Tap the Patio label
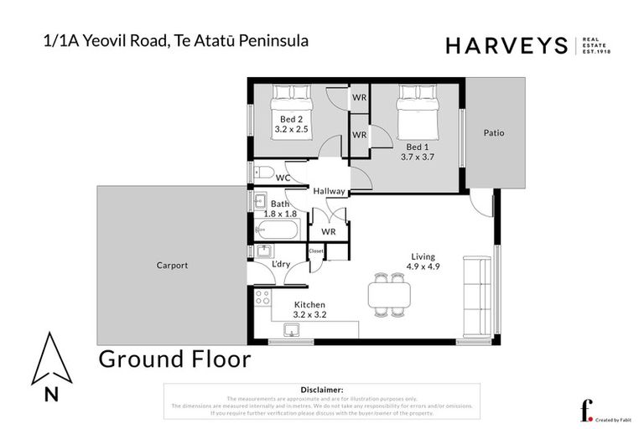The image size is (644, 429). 494,132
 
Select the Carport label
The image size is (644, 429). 172,266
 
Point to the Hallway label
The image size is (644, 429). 329,191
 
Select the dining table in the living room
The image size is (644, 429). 390,295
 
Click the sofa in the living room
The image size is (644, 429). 483,295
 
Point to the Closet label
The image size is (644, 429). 316,251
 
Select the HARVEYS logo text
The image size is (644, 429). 507,46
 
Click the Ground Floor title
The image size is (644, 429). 174,359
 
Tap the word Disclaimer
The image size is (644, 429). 321,390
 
